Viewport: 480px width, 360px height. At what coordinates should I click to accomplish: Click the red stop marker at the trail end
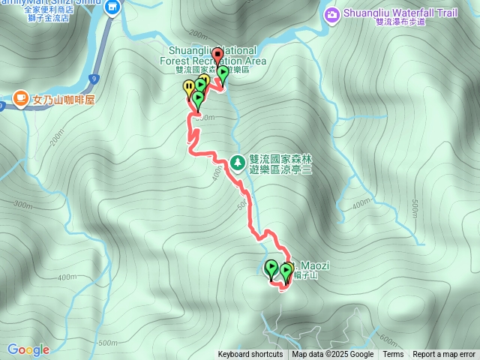point(217,55)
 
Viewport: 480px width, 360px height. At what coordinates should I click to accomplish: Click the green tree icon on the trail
point(238,161)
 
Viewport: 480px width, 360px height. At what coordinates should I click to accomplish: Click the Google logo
point(28,349)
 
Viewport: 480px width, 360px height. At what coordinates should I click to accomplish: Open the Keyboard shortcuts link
point(250,355)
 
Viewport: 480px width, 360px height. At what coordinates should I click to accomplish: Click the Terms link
point(393,355)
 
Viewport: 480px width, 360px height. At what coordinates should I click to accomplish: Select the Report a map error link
point(444,355)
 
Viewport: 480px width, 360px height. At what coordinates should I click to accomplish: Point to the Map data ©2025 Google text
point(333,355)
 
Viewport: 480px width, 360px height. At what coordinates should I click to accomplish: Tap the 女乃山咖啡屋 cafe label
point(62,100)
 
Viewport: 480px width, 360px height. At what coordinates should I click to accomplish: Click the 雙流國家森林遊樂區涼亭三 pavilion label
point(280,165)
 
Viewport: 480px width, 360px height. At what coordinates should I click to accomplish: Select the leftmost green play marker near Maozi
point(271,266)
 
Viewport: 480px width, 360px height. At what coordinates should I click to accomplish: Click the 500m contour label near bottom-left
point(107,342)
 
